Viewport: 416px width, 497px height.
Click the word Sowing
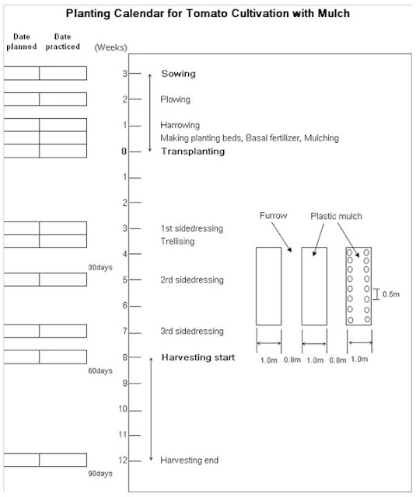178,74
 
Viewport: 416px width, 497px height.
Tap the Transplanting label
193,151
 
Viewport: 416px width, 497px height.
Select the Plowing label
175,99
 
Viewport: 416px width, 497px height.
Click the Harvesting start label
198,357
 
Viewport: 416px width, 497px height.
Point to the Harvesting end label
190,461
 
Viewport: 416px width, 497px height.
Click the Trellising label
177,242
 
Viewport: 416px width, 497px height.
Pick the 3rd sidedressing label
192,332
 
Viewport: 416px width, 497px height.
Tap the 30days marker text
100,267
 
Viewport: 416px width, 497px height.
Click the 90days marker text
100,474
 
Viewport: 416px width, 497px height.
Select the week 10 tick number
123,409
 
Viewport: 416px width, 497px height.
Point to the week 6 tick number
125,305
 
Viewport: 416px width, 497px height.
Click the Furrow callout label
273,216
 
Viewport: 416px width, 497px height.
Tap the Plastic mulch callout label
337,216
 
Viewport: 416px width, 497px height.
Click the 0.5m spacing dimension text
391,294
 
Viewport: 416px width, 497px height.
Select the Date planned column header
22,41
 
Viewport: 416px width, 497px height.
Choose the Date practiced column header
62,41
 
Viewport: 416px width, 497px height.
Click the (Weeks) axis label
110,47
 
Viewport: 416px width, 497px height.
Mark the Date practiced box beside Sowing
63,73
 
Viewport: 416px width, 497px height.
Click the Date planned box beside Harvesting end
22,460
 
